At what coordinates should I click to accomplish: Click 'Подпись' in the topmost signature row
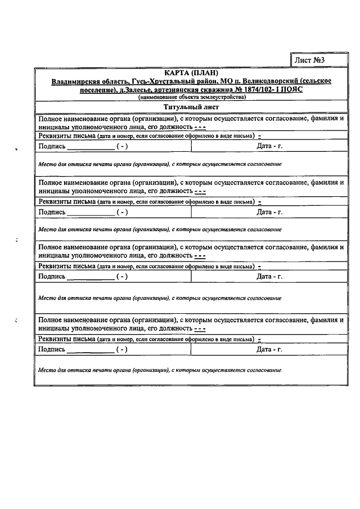(x=51, y=147)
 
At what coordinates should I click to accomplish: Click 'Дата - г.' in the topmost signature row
(x=269, y=147)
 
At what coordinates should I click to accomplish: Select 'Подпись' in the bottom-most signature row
(x=51, y=349)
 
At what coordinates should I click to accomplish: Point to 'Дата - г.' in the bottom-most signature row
(x=269, y=349)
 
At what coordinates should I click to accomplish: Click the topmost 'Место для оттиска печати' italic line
(x=159, y=164)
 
